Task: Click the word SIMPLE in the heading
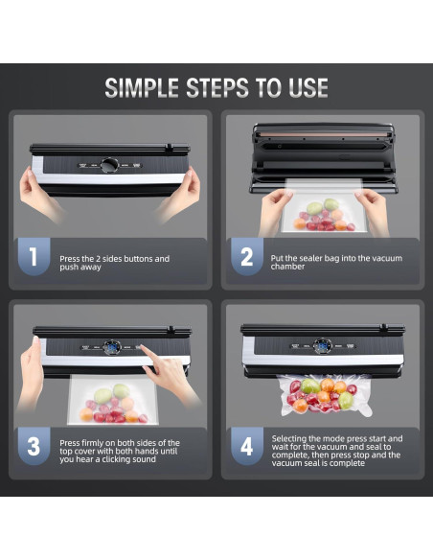click(142, 88)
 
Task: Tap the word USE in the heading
click(308, 88)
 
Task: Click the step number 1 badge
click(34, 256)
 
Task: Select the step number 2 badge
click(247, 256)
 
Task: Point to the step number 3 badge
click(34, 446)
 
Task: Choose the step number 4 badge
click(247, 446)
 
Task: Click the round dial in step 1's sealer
click(109, 165)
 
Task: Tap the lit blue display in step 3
click(112, 347)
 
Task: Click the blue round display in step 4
click(323, 346)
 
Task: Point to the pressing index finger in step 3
click(147, 352)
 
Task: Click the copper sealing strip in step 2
click(324, 134)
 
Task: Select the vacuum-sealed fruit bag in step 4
click(325, 395)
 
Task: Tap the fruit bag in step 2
click(324, 206)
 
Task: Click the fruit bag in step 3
click(113, 400)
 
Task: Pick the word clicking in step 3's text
click(120, 459)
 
